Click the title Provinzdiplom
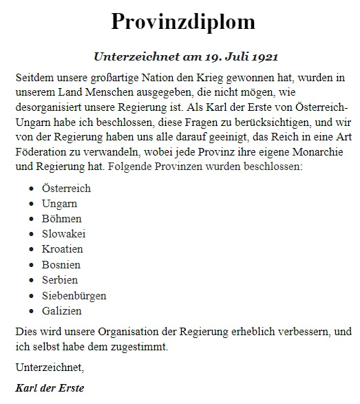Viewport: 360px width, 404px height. point(182,22)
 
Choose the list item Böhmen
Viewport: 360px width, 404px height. point(61,219)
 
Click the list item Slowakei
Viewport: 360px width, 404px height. point(63,234)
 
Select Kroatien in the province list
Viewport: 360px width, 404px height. point(63,249)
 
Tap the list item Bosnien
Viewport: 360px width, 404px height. point(61,264)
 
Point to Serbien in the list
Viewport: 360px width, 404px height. point(60,280)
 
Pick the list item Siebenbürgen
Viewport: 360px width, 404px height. point(74,295)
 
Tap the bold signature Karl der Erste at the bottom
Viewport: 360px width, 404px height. point(50,388)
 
